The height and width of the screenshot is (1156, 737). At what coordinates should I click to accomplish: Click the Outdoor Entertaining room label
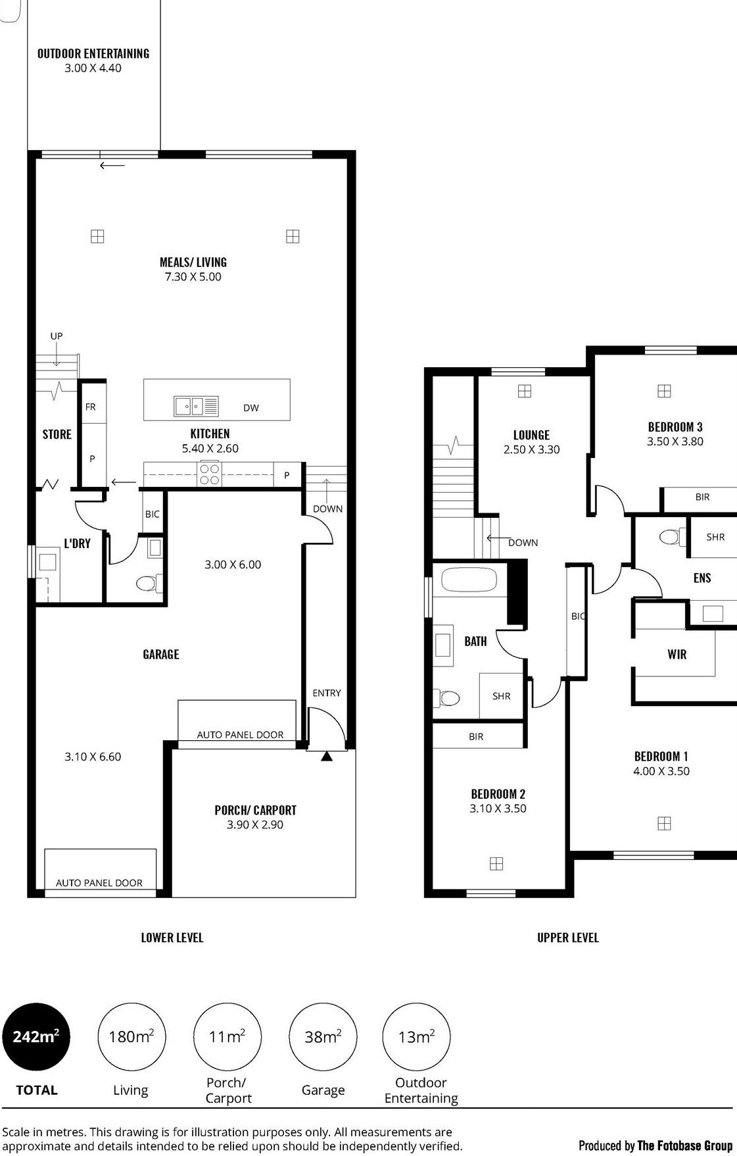[x=93, y=53]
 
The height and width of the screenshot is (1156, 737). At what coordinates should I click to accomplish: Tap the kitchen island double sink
[x=196, y=407]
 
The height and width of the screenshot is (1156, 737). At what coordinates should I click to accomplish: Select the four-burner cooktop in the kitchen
[x=210, y=474]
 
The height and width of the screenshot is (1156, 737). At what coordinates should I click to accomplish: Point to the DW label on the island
[x=251, y=408]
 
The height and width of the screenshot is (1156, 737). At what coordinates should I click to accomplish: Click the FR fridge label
[x=91, y=407]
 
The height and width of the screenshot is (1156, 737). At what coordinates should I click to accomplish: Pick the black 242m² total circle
[x=36, y=1037]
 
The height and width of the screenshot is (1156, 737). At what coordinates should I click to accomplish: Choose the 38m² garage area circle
[x=323, y=1037]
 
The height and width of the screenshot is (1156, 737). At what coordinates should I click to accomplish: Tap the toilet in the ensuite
[x=670, y=537]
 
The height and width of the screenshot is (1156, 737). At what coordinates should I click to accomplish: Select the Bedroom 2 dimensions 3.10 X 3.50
[x=498, y=809]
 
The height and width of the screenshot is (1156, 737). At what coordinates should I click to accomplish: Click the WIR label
[x=677, y=654]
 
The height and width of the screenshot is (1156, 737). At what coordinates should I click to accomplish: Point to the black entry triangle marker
[x=327, y=757]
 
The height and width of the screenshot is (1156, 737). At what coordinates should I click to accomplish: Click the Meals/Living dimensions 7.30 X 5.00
[x=193, y=277]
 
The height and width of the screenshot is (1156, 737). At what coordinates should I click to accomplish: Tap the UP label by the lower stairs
[x=57, y=336]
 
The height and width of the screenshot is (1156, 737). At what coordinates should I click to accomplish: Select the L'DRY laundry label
[x=77, y=543]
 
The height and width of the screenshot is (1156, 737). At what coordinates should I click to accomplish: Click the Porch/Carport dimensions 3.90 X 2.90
[x=255, y=825]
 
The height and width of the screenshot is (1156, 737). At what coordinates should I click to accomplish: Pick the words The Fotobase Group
[x=684, y=1145]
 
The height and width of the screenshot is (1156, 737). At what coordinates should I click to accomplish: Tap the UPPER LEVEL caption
[x=568, y=938]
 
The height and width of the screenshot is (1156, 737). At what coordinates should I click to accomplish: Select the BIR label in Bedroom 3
[x=702, y=497]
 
